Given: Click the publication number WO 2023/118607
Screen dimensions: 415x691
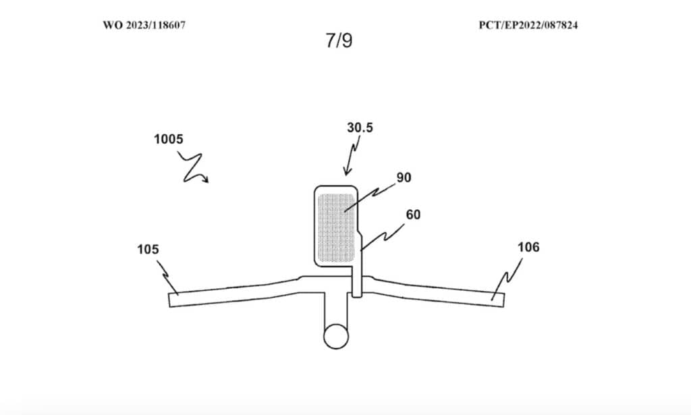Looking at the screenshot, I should pos(144,25).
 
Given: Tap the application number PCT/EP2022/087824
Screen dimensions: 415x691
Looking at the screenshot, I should pos(529,25).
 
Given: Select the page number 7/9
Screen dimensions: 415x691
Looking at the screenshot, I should pos(338,40).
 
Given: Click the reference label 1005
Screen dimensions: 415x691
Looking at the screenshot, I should pos(167,140).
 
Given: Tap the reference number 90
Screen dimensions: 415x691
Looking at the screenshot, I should pos(404,177).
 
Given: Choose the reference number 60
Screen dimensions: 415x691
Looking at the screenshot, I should pos(412,214).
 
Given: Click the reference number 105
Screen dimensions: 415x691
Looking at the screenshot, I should pos(147,250).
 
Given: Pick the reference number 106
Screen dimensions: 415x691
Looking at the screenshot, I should pos(528,248).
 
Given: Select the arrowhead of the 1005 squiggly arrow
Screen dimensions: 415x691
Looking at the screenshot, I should pos(206,180).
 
